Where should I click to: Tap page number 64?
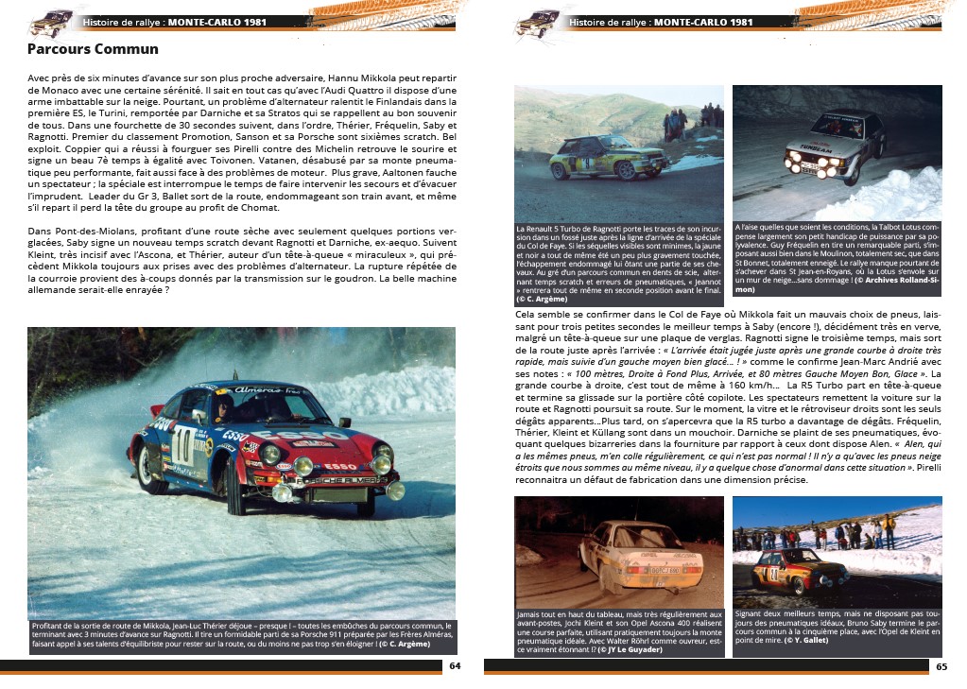pyautogui.click(x=455, y=665)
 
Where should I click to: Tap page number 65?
pyautogui.click(x=941, y=665)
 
